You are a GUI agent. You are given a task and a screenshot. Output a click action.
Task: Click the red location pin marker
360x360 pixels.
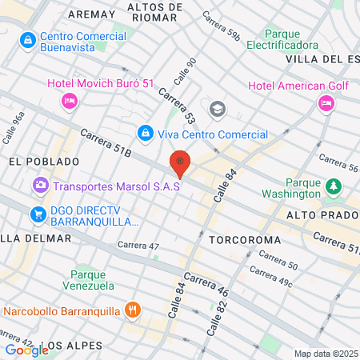(x=180, y=163)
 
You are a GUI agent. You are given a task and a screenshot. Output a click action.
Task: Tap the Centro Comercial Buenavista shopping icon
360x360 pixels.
(x=28, y=39)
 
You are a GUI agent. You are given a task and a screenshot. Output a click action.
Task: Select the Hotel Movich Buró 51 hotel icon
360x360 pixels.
(x=69, y=101)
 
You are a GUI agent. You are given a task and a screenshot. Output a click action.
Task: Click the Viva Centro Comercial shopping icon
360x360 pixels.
(x=145, y=132)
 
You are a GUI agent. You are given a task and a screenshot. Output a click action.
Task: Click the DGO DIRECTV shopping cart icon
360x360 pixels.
(x=37, y=214)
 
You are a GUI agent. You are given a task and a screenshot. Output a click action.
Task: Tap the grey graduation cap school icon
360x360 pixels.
(x=216, y=109)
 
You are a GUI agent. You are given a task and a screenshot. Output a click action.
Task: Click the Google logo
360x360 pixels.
(x=26, y=350)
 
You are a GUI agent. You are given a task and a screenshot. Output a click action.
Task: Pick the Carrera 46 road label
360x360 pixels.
(x=206, y=286)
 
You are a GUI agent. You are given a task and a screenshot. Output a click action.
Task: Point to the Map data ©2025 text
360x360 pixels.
(x=325, y=353)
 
